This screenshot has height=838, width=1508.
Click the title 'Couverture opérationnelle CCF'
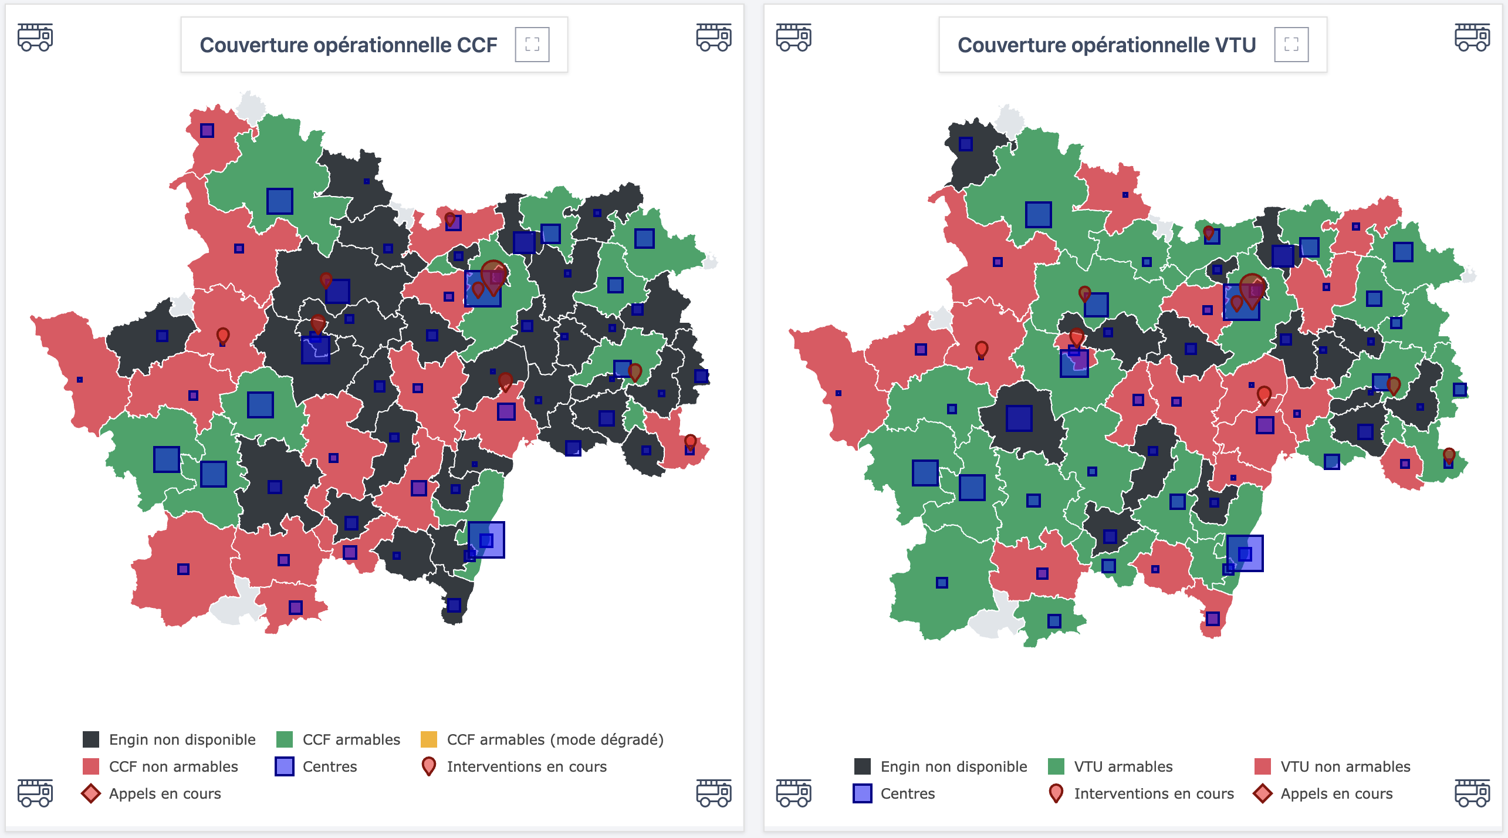pyautogui.click(x=348, y=45)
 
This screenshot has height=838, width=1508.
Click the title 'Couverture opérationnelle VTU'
pyautogui.click(x=1106, y=45)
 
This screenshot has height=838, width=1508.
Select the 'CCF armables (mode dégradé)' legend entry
pyautogui.click(x=554, y=739)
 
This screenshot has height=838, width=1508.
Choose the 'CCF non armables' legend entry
pyautogui.click(x=173, y=766)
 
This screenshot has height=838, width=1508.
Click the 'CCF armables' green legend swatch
pyautogui.click(x=285, y=739)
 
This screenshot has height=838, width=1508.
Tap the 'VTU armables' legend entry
pyautogui.click(x=1122, y=766)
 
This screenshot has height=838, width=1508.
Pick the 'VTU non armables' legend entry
pyautogui.click(x=1345, y=766)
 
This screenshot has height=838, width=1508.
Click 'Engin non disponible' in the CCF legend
pyautogui.click(x=182, y=739)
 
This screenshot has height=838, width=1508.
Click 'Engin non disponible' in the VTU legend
pyautogui.click(x=954, y=766)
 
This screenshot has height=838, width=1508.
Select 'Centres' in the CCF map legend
pyautogui.click(x=329, y=766)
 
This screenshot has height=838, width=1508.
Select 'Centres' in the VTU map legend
pyautogui.click(x=907, y=793)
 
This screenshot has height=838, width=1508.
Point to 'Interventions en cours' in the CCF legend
pyautogui.click(x=526, y=766)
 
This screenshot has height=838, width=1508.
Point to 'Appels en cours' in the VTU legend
pyautogui.click(x=1336, y=793)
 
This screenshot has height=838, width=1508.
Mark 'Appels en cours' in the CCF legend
pyautogui.click(x=164, y=793)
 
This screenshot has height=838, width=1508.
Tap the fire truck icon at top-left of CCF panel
pyautogui.click(x=35, y=38)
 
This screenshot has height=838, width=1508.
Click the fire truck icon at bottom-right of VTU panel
pyautogui.click(x=1472, y=793)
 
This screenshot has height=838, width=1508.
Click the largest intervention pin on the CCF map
pyautogui.click(x=493, y=275)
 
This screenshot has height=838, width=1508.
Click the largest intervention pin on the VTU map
pyautogui.click(x=1252, y=288)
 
